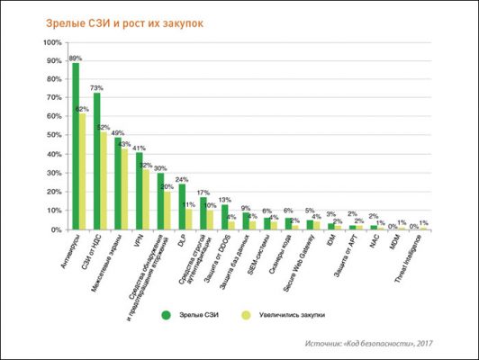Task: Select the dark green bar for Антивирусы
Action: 76,144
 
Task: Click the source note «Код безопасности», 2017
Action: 384,343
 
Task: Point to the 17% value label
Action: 203,192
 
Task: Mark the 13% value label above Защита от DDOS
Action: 225,199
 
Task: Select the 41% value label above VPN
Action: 140,148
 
